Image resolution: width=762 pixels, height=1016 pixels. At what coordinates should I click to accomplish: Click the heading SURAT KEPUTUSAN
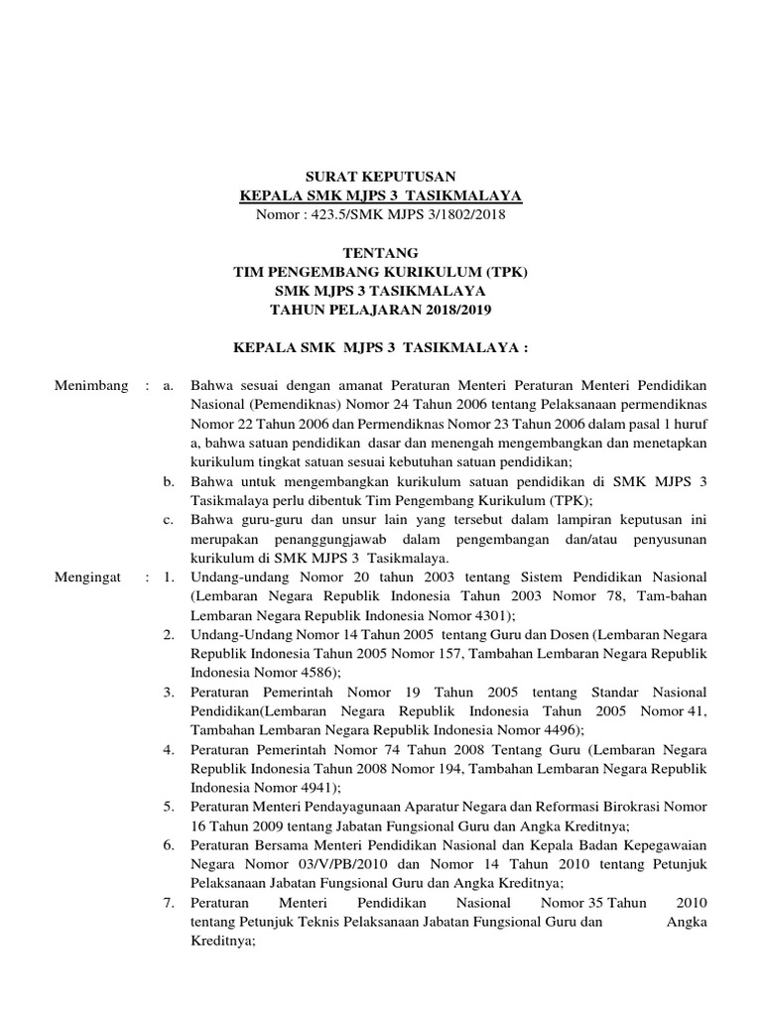point(382,175)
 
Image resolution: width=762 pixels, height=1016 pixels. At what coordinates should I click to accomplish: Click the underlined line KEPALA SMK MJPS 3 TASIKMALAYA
point(382,194)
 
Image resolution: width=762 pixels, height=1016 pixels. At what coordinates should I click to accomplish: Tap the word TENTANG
point(382,253)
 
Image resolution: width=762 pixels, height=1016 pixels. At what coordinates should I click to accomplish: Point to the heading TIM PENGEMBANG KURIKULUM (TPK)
point(382,272)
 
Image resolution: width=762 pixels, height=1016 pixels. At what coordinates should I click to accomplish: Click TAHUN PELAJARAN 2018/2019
point(382,311)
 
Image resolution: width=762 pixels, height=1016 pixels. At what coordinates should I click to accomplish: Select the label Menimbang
point(91,385)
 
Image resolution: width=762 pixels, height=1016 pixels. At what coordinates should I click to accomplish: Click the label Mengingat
point(90,576)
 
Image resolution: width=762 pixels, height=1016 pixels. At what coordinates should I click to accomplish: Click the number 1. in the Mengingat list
point(170,576)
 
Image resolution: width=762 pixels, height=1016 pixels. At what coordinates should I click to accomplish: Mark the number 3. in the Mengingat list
point(170,692)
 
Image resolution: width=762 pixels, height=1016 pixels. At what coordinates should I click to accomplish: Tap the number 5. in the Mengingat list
point(170,807)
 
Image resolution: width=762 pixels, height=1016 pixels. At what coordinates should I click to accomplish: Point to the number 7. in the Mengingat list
point(170,903)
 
